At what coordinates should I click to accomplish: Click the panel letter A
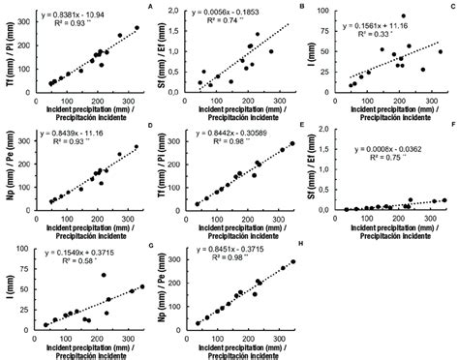146,7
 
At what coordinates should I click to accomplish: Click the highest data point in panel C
403,16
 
